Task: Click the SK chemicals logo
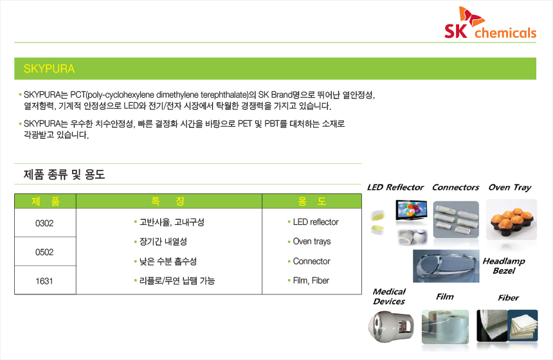pyautogui.click(x=490, y=22)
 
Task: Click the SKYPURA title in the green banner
pyautogui.click(x=49, y=69)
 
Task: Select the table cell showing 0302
pyautogui.click(x=45, y=223)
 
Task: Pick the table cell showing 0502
pyautogui.click(x=45, y=252)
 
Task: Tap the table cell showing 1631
pyautogui.click(x=45, y=281)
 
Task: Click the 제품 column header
pyautogui.click(x=45, y=201)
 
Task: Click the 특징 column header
pyautogui.click(x=168, y=201)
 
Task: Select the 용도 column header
pyautogui.click(x=312, y=201)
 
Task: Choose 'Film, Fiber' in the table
pyautogui.click(x=308, y=281)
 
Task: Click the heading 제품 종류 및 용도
pyautogui.click(x=64, y=174)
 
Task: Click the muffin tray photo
pyautogui.click(x=511, y=220)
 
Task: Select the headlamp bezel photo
pyautogui.click(x=446, y=266)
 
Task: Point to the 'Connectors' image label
pyautogui.click(x=456, y=187)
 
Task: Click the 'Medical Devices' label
pyautogui.click(x=389, y=296)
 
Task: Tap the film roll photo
pyautogui.click(x=445, y=327)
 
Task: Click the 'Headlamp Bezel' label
pyautogui.click(x=503, y=266)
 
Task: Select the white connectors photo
pyautogui.click(x=456, y=220)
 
